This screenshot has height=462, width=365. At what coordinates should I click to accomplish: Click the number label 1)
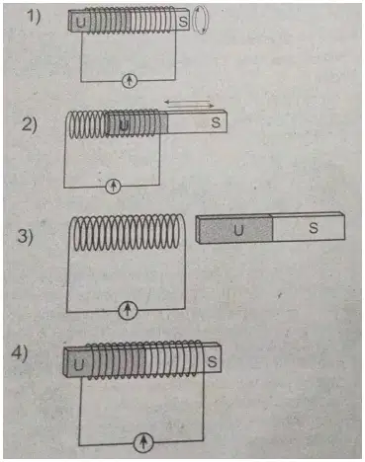click(34, 17)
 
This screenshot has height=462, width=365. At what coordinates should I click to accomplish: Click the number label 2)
click(29, 124)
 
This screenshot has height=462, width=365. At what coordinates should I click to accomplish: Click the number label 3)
click(25, 236)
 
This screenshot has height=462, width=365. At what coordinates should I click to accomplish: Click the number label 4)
click(20, 354)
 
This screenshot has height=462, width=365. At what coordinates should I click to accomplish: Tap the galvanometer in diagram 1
click(129, 80)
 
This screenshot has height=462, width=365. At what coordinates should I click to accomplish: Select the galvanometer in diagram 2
click(114, 187)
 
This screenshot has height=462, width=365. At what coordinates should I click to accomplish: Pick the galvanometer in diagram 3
click(128, 310)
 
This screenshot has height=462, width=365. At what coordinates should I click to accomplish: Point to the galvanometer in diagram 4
click(143, 442)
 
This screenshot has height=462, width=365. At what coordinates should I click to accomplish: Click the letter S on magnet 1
click(183, 22)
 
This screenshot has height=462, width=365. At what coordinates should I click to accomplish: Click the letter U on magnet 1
click(80, 23)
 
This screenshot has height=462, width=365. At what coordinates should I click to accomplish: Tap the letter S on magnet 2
click(216, 122)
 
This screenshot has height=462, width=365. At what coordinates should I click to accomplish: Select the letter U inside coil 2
click(124, 125)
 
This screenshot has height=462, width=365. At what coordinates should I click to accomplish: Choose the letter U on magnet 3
click(238, 230)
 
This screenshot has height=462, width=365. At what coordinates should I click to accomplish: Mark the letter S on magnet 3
click(314, 228)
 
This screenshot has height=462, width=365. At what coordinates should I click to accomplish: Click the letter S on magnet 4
click(212, 362)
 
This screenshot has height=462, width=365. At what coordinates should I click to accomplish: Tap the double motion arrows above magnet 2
click(189, 104)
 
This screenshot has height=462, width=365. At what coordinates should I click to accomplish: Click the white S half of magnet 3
click(309, 228)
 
